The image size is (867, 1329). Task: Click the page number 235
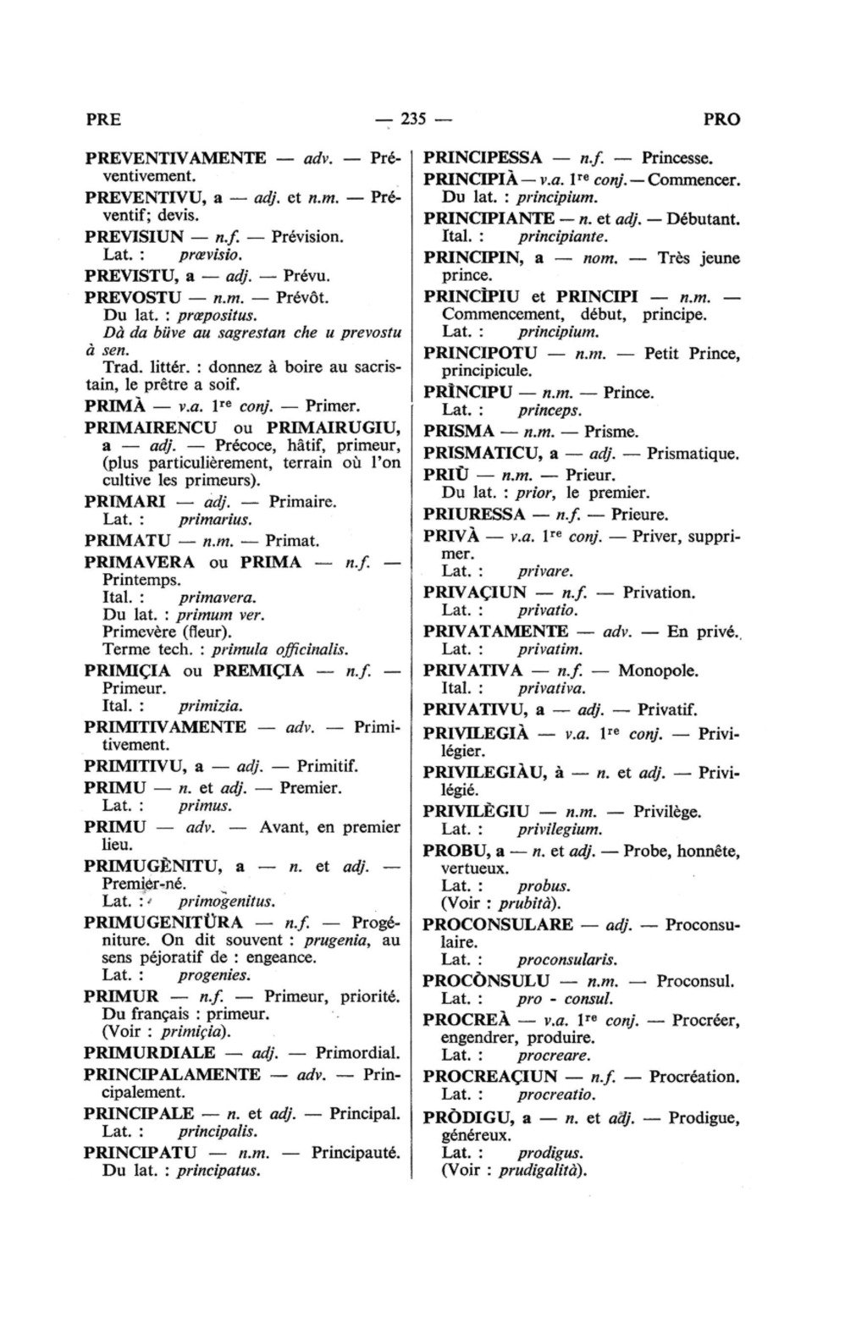(411, 119)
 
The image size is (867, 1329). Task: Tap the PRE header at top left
(103, 119)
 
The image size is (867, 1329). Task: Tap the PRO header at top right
(721, 119)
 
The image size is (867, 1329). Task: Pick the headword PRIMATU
(129, 540)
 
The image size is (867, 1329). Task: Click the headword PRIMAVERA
(140, 562)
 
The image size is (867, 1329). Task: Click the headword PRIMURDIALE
(150, 1053)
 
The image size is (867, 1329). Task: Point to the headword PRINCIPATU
(141, 1152)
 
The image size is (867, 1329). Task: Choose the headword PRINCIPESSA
(483, 158)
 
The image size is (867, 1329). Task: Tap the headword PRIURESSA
(474, 514)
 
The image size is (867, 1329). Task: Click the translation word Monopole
(658, 670)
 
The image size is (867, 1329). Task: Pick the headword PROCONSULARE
(498, 924)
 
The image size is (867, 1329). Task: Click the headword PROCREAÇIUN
(490, 1077)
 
